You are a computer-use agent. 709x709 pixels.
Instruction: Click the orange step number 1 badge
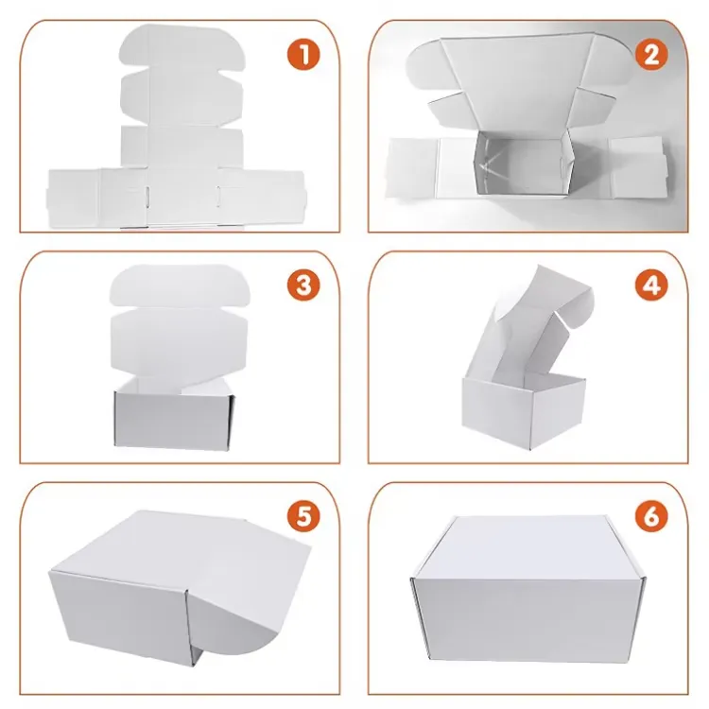(303, 54)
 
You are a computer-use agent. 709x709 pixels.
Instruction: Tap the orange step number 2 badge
(651, 54)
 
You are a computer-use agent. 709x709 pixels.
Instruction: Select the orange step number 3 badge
(303, 285)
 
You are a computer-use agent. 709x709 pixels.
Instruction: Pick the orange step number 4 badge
(651, 285)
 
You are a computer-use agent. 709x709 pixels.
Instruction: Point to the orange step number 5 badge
(303, 516)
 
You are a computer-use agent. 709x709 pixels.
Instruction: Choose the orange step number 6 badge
(651, 516)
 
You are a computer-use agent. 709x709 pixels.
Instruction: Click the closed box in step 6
(527, 590)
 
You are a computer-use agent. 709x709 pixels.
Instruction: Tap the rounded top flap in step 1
(182, 47)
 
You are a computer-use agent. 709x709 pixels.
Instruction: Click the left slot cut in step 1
(147, 198)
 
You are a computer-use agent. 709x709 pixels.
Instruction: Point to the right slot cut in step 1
(218, 198)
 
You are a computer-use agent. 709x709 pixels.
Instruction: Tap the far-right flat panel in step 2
(637, 166)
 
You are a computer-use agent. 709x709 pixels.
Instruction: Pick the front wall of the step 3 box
(173, 420)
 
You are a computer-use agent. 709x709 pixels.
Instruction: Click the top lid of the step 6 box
(527, 548)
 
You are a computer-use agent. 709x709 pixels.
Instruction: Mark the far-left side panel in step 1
(73, 199)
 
